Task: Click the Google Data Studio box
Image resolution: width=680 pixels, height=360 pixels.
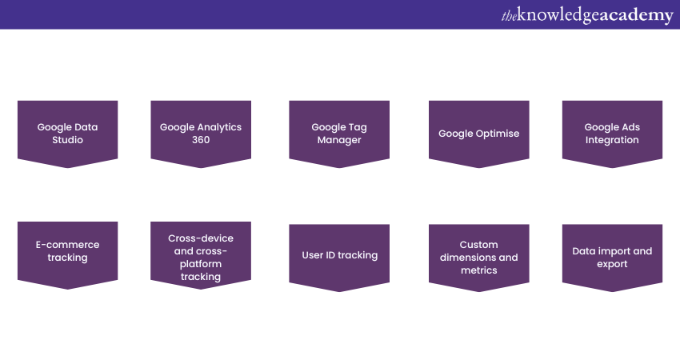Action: click(x=67, y=133)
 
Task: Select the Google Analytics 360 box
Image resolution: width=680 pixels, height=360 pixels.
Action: click(x=200, y=133)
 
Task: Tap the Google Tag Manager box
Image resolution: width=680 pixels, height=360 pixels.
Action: click(x=338, y=133)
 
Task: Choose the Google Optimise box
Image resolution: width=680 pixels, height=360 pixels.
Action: click(x=478, y=133)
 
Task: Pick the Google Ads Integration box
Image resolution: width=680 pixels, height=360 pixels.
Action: click(x=612, y=133)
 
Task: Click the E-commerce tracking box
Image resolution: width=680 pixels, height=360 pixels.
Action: click(x=67, y=251)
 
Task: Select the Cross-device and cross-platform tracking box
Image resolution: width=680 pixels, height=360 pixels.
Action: click(x=200, y=257)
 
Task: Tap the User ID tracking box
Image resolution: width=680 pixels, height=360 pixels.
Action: click(x=338, y=255)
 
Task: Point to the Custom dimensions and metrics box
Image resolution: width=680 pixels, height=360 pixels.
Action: click(x=478, y=257)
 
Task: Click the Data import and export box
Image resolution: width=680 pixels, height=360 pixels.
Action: click(x=612, y=257)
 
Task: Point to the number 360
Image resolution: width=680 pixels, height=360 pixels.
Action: click(x=201, y=140)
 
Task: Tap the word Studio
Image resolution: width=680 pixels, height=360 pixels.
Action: click(x=67, y=140)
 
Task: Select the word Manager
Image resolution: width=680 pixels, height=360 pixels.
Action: click(x=339, y=140)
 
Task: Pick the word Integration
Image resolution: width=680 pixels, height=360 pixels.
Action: click(x=612, y=140)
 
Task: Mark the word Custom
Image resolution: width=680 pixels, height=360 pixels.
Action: click(x=478, y=245)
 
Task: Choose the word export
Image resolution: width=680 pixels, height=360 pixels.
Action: click(x=612, y=264)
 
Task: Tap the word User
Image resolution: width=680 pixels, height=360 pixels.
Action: click(x=313, y=255)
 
